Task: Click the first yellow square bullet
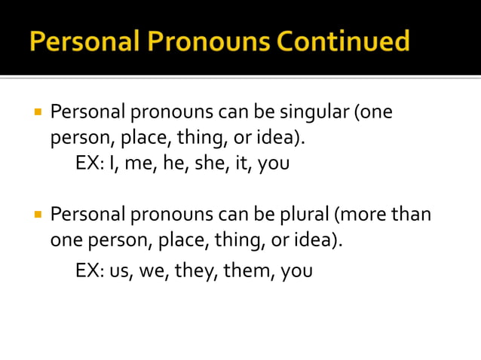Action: (37, 113)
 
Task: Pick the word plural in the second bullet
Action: (301, 215)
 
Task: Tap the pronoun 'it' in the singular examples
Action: (241, 163)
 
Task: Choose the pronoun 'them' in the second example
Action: (249, 270)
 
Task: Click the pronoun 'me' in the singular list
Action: (138, 163)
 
